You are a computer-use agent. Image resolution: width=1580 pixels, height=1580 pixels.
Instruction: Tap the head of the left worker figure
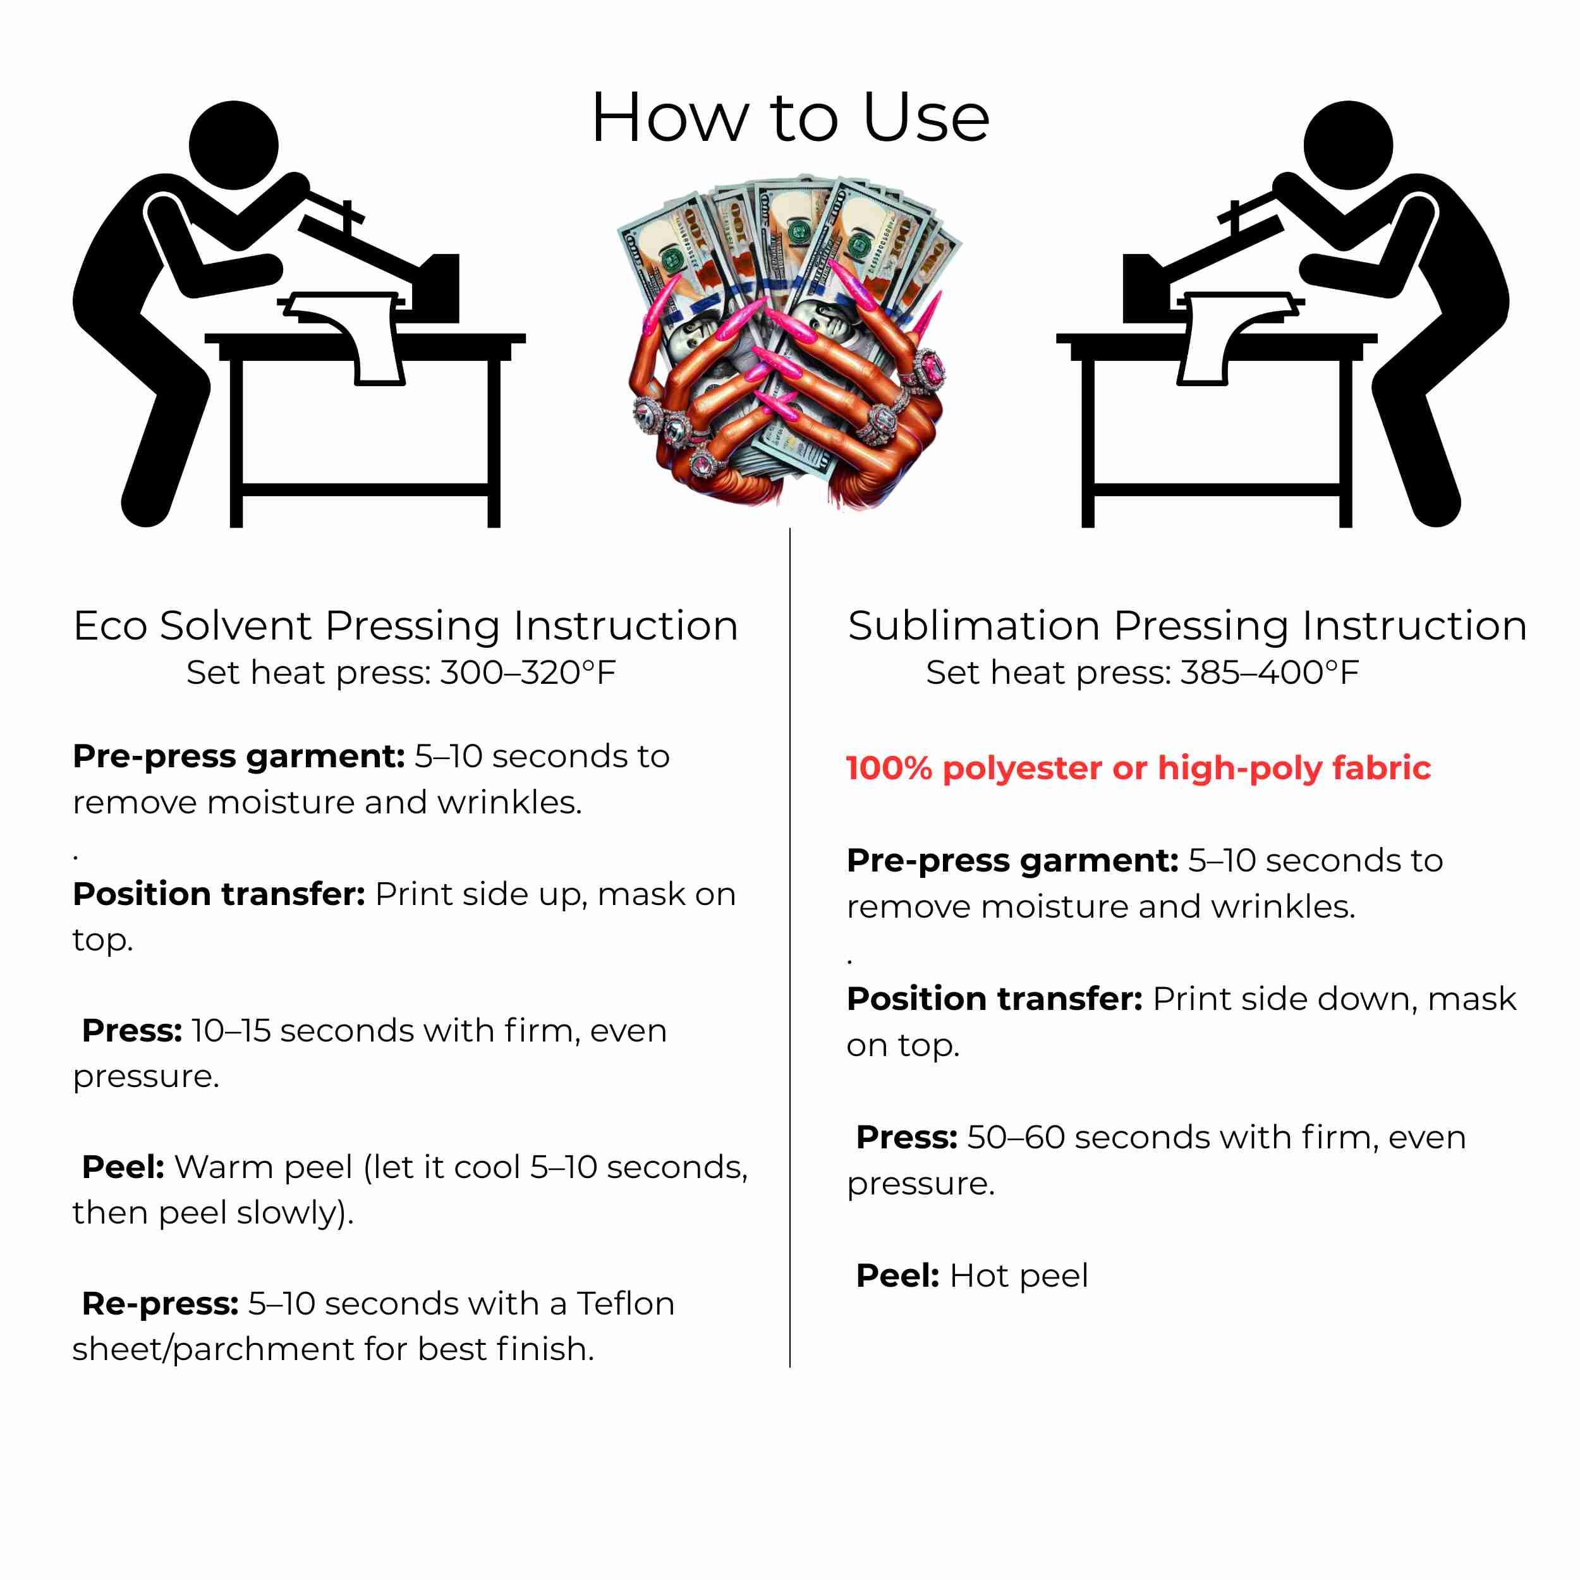click(x=234, y=145)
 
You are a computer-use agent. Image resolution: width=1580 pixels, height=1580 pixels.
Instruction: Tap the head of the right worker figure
click(x=1348, y=145)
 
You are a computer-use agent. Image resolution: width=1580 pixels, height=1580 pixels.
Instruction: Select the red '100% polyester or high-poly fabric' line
click(x=1138, y=768)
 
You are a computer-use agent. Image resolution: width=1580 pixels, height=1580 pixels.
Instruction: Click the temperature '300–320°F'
click(x=528, y=672)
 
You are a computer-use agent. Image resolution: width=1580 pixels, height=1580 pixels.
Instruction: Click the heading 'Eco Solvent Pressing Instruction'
click(x=406, y=626)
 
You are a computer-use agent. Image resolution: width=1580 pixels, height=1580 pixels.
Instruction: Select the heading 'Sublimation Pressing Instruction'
click(x=1188, y=626)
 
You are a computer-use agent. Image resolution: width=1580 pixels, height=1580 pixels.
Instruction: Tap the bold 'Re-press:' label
click(x=161, y=1304)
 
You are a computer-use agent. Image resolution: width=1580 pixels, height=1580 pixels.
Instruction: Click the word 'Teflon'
click(x=626, y=1304)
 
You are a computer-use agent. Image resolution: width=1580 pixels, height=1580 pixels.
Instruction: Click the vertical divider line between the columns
click(x=790, y=948)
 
